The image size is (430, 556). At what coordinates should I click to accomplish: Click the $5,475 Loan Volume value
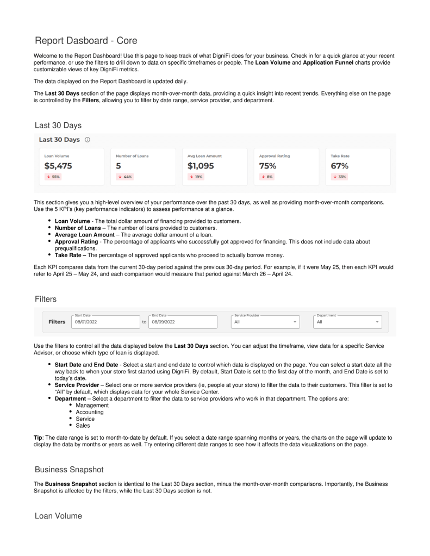[x=58, y=166]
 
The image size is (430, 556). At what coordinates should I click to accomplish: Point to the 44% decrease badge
[x=124, y=177]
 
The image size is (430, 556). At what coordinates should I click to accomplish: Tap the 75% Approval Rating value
[x=268, y=166]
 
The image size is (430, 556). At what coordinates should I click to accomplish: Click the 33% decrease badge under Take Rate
[x=339, y=177]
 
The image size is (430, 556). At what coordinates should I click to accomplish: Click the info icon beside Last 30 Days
[x=88, y=140]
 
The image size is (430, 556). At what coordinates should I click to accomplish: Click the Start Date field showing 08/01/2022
[x=103, y=322]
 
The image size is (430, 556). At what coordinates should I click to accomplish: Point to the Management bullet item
[x=92, y=405]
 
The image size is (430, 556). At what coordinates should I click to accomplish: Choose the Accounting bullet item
[x=90, y=412]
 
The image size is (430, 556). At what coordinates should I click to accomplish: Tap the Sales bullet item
[x=84, y=426]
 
